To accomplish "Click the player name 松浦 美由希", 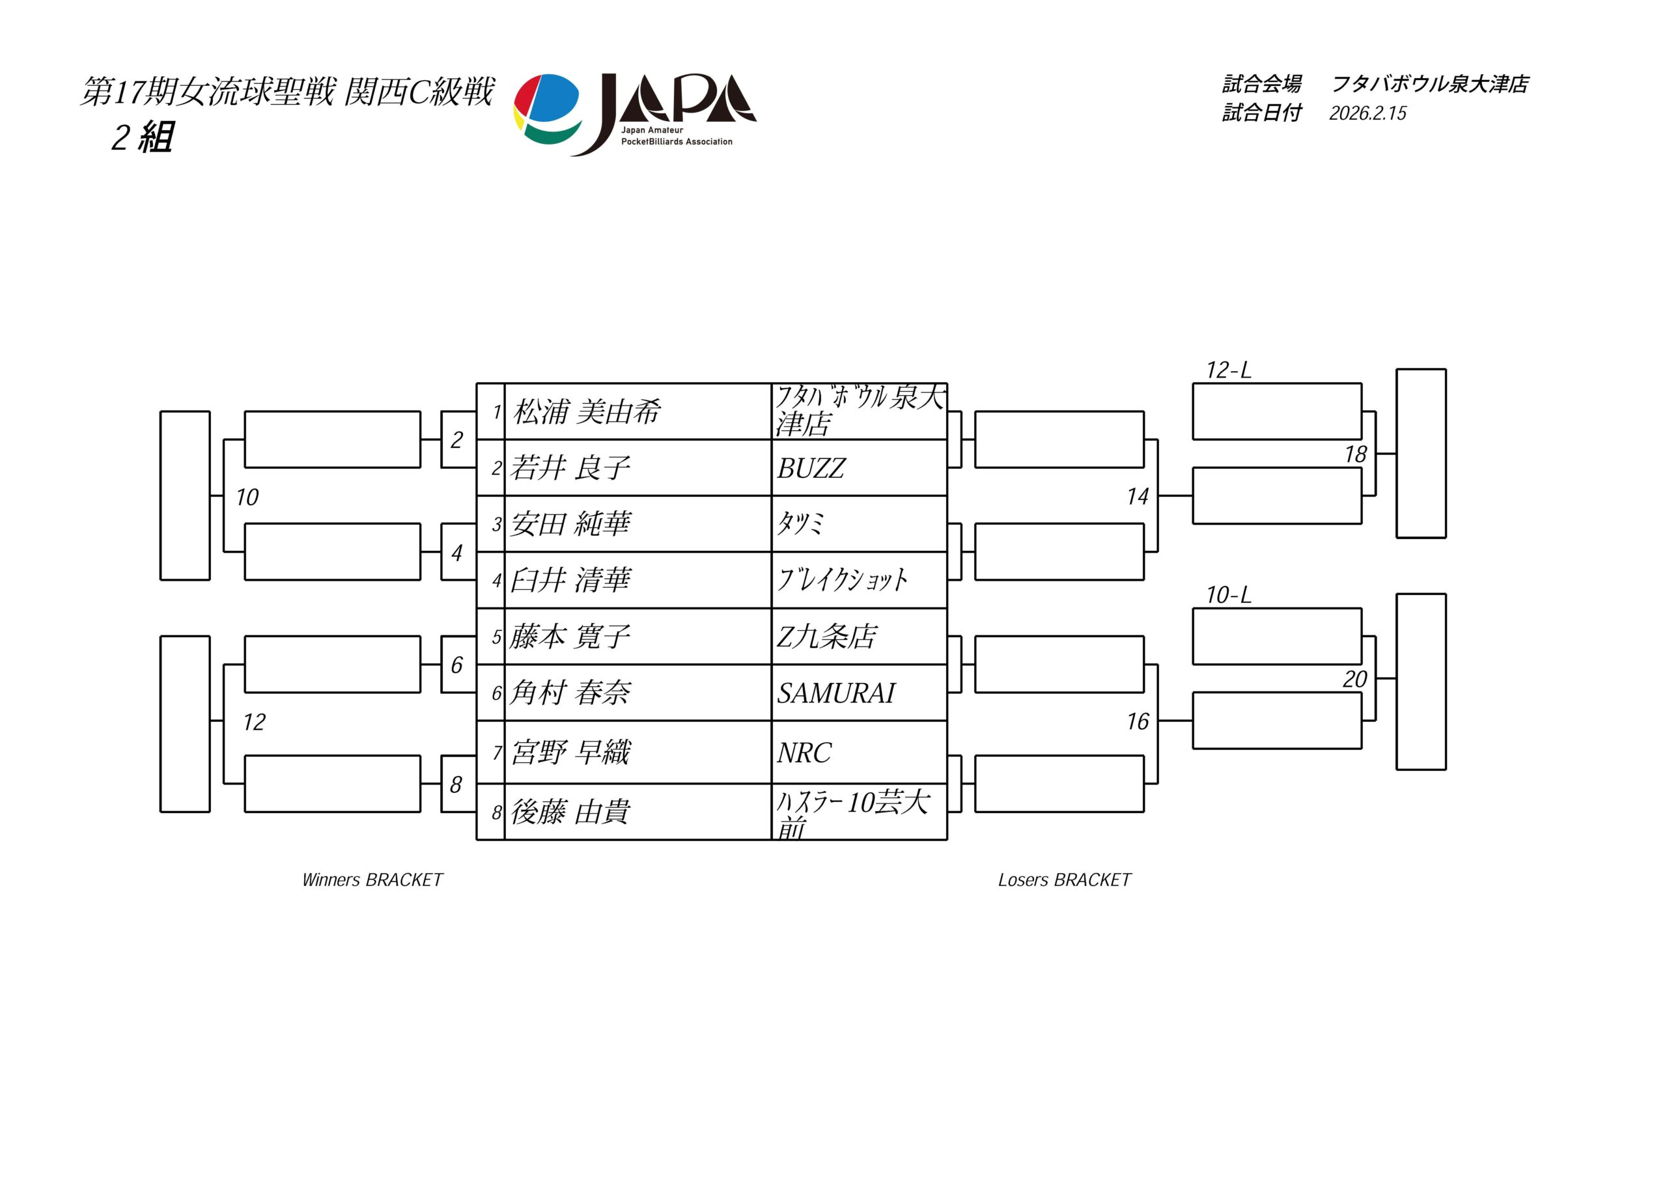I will [x=587, y=412].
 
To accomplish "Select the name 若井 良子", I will [x=570, y=468].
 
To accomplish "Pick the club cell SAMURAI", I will [x=835, y=693].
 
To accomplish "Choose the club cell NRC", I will [x=804, y=753].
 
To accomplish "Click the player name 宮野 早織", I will [x=570, y=753].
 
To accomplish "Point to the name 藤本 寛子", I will [x=570, y=637].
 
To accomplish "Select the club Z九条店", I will [x=826, y=637].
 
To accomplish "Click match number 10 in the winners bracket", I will [x=247, y=497].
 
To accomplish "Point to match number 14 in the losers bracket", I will [x=1137, y=497].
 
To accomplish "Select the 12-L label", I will [x=1229, y=370].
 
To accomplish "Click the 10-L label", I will [x=1229, y=595].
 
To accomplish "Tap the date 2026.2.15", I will [x=1368, y=113].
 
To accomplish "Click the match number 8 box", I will [x=456, y=784].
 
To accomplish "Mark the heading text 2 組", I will [x=143, y=137].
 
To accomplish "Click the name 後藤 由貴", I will [x=570, y=812].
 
